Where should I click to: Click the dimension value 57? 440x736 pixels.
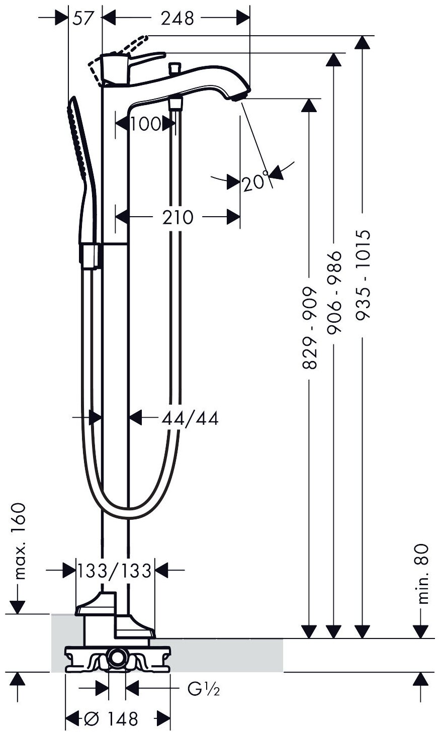pos(83,19)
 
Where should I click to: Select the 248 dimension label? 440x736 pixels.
pos(177,19)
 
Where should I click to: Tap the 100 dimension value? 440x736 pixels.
pos(145,123)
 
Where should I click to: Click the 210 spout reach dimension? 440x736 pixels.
pos(177,217)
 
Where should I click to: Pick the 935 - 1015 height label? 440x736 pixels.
pos(362,274)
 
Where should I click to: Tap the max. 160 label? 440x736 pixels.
pos(19,540)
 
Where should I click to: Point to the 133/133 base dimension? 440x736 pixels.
pos(115,570)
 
